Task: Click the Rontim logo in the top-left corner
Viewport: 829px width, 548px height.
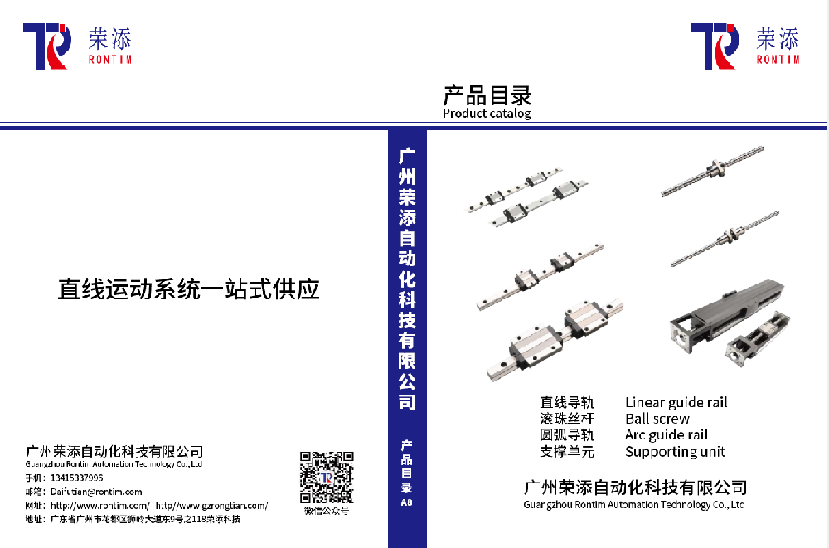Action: pos(76,46)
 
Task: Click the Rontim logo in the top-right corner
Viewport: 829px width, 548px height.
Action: pos(744,46)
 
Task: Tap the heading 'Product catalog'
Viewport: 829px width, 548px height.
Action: pos(487,114)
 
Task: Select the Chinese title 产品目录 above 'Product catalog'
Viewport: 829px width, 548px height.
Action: pos(487,95)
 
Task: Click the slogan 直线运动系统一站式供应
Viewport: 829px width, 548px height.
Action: pos(188,289)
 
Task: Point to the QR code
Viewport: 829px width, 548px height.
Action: pos(327,478)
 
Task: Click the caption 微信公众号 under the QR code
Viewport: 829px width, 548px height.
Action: pos(327,511)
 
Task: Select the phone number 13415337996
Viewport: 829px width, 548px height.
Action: pos(77,478)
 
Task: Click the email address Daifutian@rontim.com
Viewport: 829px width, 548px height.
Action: pos(96,492)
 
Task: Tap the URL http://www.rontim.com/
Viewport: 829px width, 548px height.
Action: pos(100,505)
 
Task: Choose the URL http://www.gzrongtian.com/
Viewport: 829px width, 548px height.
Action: pos(212,505)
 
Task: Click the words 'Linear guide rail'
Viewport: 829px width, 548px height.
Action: pos(676,403)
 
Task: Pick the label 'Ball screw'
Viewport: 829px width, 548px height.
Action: pos(657,419)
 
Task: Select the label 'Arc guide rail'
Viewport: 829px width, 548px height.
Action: pos(667,435)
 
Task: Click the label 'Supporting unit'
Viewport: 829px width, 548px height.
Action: pos(675,452)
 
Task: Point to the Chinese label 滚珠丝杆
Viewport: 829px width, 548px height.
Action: pos(567,419)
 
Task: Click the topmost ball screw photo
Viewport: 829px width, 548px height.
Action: pos(711,171)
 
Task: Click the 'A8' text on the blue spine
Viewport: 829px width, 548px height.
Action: pos(406,502)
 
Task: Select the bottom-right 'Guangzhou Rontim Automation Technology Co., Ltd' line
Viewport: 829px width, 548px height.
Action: pos(634,504)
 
